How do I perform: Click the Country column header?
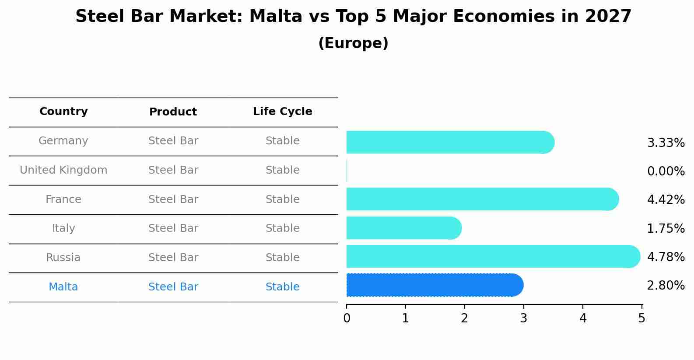click(63, 112)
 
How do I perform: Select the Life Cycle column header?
click(282, 112)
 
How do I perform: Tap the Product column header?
click(173, 112)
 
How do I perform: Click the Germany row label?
click(63, 141)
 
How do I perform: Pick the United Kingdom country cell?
click(63, 170)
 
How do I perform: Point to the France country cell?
click(63, 199)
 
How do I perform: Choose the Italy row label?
click(63, 228)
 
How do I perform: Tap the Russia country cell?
click(63, 258)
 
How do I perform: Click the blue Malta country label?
click(63, 287)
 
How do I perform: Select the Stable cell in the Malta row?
click(282, 287)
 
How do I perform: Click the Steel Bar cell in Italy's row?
click(173, 228)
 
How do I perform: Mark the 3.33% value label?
click(666, 143)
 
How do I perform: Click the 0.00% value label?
click(666, 171)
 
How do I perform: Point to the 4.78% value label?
click(666, 257)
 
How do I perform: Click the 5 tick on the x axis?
click(641, 318)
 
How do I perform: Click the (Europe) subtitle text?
click(353, 43)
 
